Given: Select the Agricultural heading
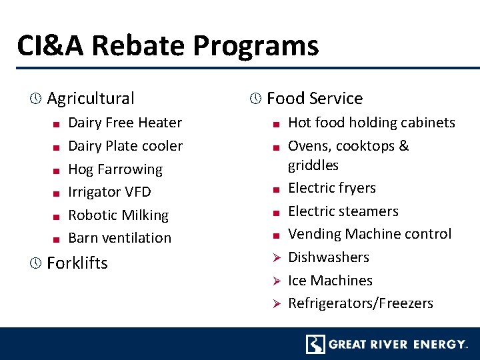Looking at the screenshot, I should [x=91, y=99].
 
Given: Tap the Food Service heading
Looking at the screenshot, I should [x=315, y=99].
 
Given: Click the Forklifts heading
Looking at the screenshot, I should [x=77, y=263].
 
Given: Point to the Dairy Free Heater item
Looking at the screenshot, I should [x=125, y=123].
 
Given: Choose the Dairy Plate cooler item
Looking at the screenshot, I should [x=125, y=146].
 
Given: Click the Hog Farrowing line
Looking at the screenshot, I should [x=115, y=169].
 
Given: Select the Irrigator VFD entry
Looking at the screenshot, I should [x=109, y=192].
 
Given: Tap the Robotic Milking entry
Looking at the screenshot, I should [x=118, y=215].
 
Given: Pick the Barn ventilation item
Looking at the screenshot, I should [x=120, y=238].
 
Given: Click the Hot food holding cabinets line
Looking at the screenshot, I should [x=371, y=123].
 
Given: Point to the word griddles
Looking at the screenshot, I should [x=313, y=165].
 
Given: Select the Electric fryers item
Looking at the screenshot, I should [x=332, y=188].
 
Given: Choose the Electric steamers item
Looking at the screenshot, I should [x=343, y=211].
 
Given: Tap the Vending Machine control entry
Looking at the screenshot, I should [x=370, y=234].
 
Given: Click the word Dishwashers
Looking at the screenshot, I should [x=329, y=257].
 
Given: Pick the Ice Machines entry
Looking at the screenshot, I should [x=330, y=281].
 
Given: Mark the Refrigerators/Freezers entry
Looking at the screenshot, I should [x=361, y=303].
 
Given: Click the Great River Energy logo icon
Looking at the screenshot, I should [x=315, y=344].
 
